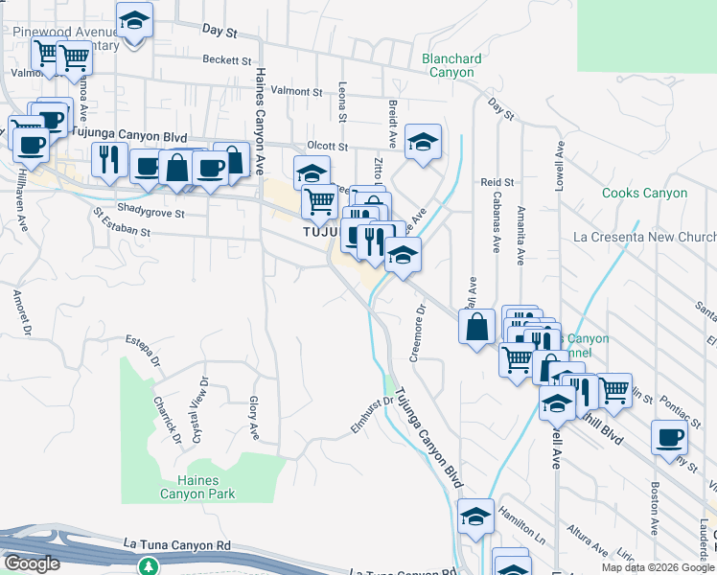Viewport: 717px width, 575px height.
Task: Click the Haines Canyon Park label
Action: (x=192, y=487)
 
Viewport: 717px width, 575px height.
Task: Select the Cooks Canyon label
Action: (x=644, y=194)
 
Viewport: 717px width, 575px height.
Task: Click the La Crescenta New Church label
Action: (x=644, y=237)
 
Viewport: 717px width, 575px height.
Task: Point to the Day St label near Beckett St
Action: (x=220, y=32)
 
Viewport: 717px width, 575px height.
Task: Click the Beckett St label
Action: (x=226, y=59)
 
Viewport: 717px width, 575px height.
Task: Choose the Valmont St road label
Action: (x=296, y=91)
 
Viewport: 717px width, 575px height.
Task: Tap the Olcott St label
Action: (x=326, y=146)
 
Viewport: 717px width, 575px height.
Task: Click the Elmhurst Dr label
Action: (x=372, y=414)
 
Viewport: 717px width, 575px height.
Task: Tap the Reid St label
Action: (x=497, y=181)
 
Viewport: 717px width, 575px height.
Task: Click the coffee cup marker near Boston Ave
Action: (x=669, y=437)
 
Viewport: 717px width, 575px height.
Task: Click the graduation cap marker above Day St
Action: (x=134, y=18)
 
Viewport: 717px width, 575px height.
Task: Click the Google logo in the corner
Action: (x=32, y=563)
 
